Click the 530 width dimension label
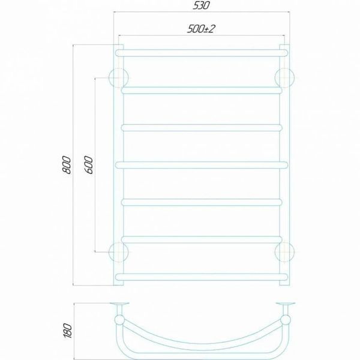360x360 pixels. [201, 5]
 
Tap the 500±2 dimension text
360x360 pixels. [201, 29]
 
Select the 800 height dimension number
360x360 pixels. [67, 165]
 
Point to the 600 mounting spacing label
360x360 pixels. [89, 165]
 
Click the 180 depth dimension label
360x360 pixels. [67, 331]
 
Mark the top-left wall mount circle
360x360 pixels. [118, 78]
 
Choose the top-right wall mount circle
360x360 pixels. [284, 78]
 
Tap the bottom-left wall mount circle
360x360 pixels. [118, 252]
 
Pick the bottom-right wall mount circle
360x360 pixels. [284, 252]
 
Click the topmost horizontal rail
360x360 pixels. [202, 53]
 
